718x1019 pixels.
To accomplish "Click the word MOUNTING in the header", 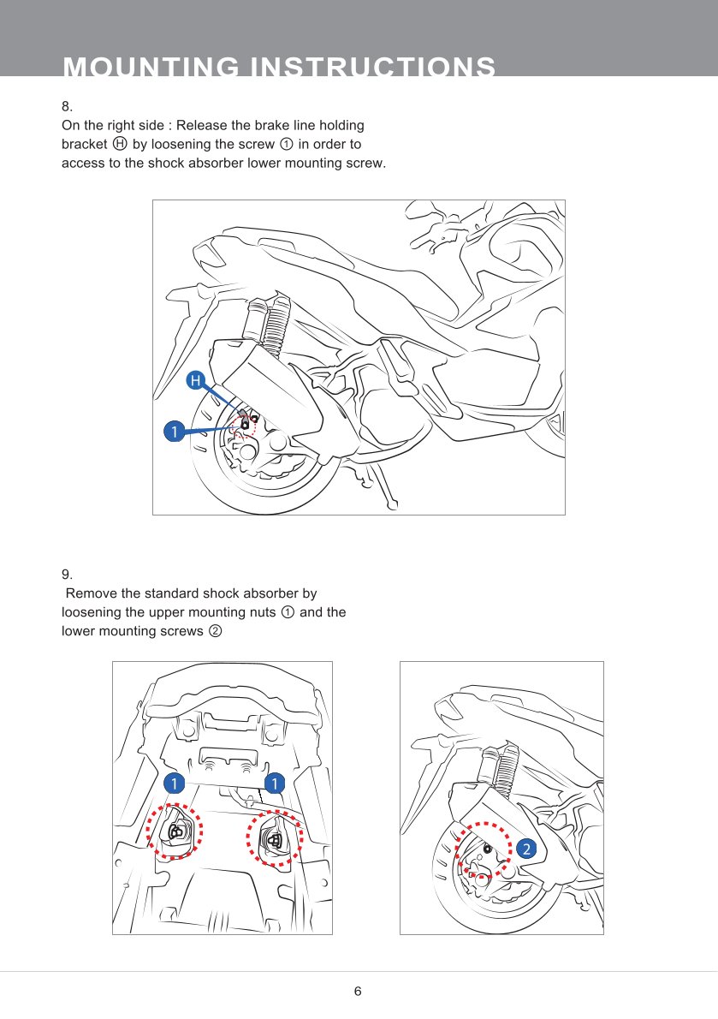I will pyautogui.click(x=150, y=68).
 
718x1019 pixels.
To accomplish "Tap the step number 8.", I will pyautogui.click(x=67, y=107).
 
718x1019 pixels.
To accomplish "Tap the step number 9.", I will pyautogui.click(x=67, y=574).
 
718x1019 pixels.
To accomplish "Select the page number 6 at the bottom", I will pyautogui.click(x=358, y=992).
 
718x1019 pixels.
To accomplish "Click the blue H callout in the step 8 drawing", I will pyautogui.click(x=196, y=379).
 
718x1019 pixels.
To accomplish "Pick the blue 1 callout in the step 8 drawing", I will pyautogui.click(x=174, y=432).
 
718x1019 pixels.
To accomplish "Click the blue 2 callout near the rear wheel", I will pyautogui.click(x=525, y=849).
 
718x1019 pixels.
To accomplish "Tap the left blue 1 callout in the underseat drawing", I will pyautogui.click(x=174, y=783).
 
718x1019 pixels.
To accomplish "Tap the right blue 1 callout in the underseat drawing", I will pyautogui.click(x=274, y=783).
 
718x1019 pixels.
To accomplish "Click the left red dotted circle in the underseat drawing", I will pyautogui.click(x=175, y=831).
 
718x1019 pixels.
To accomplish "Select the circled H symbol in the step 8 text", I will pyautogui.click(x=120, y=144).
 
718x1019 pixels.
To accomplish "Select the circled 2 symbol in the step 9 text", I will pyautogui.click(x=216, y=632).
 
